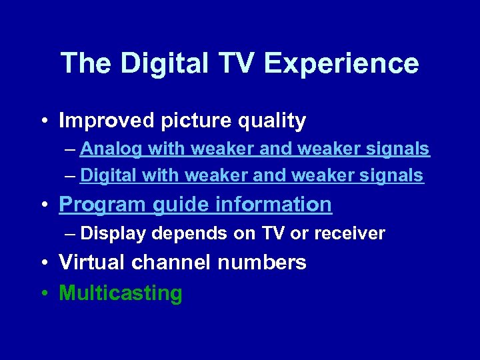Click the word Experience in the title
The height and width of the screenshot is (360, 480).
(x=341, y=64)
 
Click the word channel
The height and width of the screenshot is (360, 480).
(x=172, y=263)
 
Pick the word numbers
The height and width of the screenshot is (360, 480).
(x=262, y=263)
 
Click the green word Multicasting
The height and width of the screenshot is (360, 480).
(x=121, y=293)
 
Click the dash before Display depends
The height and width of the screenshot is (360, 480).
(x=71, y=233)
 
